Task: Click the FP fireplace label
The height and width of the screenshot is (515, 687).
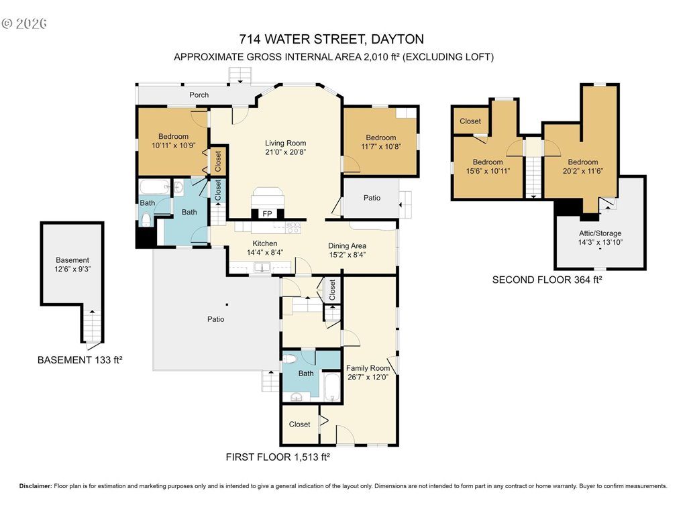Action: (267, 214)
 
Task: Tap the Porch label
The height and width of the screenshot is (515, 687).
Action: (199, 95)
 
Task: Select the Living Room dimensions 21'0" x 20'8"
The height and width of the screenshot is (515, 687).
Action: (285, 152)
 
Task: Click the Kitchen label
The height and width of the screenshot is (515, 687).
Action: (264, 243)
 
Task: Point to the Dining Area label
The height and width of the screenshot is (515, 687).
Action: (347, 245)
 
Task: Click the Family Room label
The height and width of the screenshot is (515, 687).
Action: (368, 368)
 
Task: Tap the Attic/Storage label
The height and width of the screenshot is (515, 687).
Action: (600, 233)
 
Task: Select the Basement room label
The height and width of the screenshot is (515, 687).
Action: (72, 260)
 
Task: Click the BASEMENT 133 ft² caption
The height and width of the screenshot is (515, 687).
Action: (80, 360)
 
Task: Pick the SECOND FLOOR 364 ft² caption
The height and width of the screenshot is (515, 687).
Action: (547, 280)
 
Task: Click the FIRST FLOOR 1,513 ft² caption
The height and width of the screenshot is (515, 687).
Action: (278, 457)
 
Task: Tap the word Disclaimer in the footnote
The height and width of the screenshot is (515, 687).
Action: (36, 486)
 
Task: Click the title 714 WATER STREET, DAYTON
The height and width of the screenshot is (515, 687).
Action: (331, 39)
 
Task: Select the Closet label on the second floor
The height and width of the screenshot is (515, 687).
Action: (470, 121)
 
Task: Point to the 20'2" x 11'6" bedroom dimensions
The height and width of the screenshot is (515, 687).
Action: (583, 171)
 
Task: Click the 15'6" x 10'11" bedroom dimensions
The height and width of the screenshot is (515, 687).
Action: (488, 171)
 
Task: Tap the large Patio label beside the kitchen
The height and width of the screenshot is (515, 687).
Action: (215, 319)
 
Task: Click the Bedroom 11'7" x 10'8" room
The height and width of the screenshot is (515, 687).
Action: (380, 141)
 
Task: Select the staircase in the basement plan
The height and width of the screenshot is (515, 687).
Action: (92, 327)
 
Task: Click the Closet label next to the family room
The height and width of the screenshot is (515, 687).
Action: (300, 424)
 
